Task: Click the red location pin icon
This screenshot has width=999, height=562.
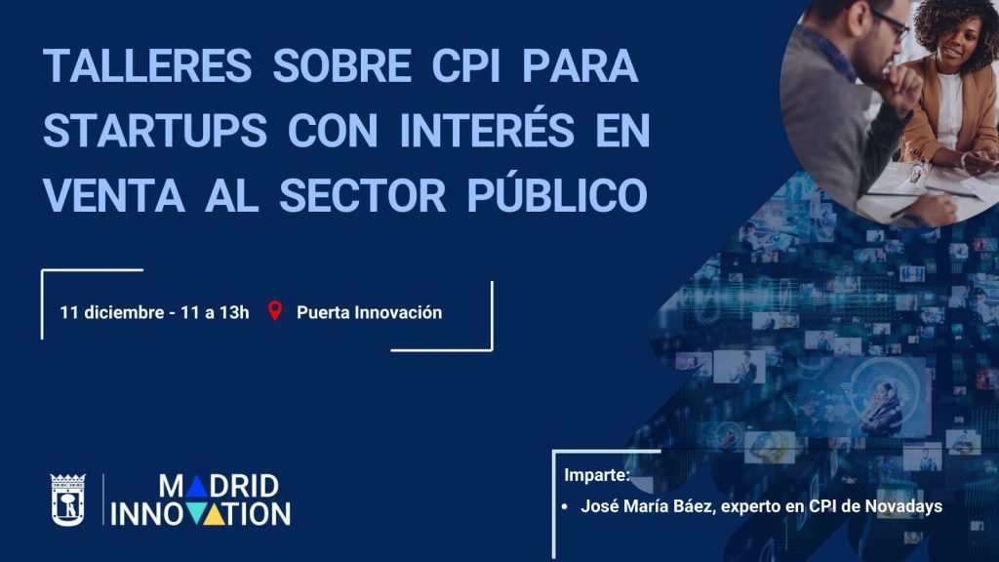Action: (275, 312)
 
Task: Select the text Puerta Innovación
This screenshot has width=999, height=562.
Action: (369, 313)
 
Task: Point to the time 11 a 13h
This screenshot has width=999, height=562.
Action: (216, 313)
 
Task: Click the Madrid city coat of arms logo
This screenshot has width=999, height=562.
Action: (68, 500)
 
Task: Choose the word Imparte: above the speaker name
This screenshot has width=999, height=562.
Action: (597, 476)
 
